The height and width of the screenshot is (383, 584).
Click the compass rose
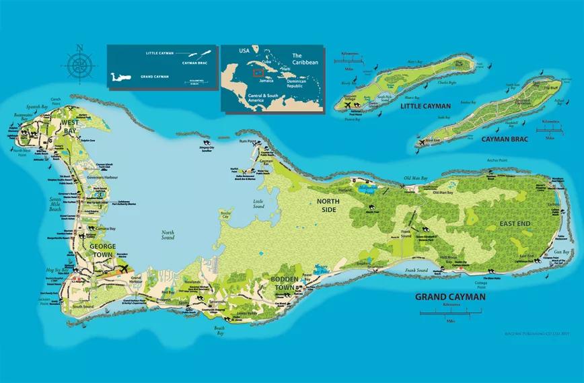click(x=79, y=65)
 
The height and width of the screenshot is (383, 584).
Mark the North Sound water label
click(x=168, y=235)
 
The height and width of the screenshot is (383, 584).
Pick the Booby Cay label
click(x=226, y=216)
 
